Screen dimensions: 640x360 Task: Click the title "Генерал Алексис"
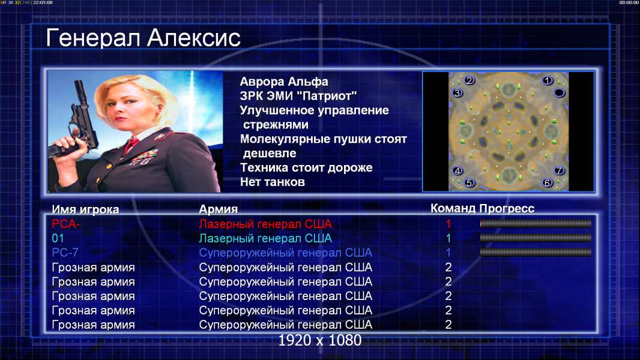(143, 38)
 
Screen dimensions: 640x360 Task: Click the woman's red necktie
(131, 145)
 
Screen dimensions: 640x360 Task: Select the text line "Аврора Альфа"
(283, 82)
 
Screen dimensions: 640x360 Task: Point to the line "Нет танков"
(272, 182)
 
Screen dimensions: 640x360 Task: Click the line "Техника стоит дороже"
(306, 167)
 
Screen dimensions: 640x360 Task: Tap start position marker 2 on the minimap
(469, 80)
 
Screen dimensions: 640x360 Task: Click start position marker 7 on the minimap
(559, 170)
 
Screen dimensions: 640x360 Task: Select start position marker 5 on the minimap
(469, 182)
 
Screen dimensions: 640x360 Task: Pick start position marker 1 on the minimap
(548, 81)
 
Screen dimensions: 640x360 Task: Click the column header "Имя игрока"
(85, 209)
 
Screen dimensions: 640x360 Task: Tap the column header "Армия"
(218, 209)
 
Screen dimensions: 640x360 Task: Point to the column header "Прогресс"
(507, 208)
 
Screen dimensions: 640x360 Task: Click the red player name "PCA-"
(65, 224)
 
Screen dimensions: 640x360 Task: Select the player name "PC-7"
(65, 253)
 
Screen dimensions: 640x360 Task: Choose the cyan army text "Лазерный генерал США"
(265, 238)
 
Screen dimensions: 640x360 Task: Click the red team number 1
(448, 224)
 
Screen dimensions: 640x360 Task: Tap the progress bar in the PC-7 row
(536, 253)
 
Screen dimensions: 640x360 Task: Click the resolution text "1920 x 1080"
(320, 340)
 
